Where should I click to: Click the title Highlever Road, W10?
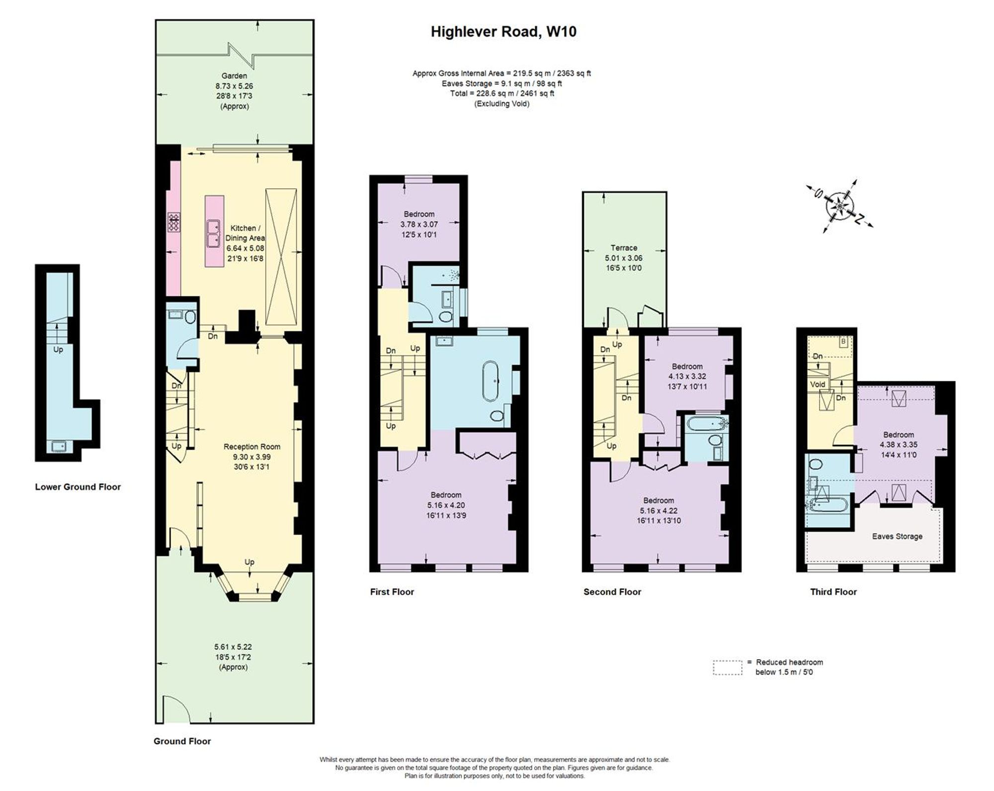click(503, 32)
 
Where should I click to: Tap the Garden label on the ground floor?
click(234, 76)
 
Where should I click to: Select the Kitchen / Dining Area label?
click(245, 233)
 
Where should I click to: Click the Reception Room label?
click(252, 447)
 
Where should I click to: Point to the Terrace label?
click(624, 248)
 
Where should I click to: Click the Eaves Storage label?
click(897, 536)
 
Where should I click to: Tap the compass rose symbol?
click(839, 205)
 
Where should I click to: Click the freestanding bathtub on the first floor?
click(490, 381)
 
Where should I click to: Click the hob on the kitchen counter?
click(174, 222)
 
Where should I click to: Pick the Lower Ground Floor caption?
click(78, 487)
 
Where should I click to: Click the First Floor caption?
click(392, 592)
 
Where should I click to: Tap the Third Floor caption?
click(833, 592)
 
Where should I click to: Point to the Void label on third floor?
click(818, 384)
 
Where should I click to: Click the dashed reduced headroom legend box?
click(727, 667)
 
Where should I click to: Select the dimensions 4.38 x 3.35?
click(899, 445)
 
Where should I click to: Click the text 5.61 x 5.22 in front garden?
click(233, 647)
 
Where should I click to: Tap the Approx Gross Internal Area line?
click(501, 73)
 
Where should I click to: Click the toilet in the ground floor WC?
click(190, 317)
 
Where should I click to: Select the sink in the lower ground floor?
click(59, 446)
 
